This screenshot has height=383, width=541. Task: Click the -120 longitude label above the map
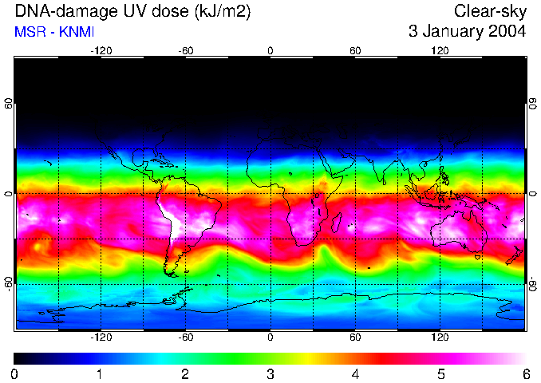[x=101, y=50]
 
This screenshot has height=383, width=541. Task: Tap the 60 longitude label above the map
[x=355, y=50]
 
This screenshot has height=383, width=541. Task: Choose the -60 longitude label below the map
[x=185, y=337]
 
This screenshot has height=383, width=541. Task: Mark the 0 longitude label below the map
[x=270, y=337]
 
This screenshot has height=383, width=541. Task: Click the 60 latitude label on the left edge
[x=9, y=105]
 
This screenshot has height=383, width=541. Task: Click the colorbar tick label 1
[x=99, y=373]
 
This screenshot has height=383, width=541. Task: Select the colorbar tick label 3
[x=270, y=373]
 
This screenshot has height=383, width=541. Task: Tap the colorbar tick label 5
[x=440, y=373]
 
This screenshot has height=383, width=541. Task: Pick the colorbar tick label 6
[x=525, y=373]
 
